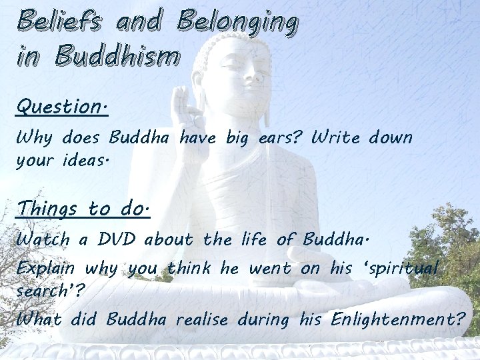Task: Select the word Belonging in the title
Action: click(x=236, y=23)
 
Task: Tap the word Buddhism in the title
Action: click(x=118, y=55)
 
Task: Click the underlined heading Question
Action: click(x=62, y=107)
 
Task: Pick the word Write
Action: click(x=336, y=139)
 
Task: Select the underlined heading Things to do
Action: click(x=83, y=209)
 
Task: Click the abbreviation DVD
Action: click(x=116, y=239)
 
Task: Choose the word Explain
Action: click(x=49, y=269)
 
